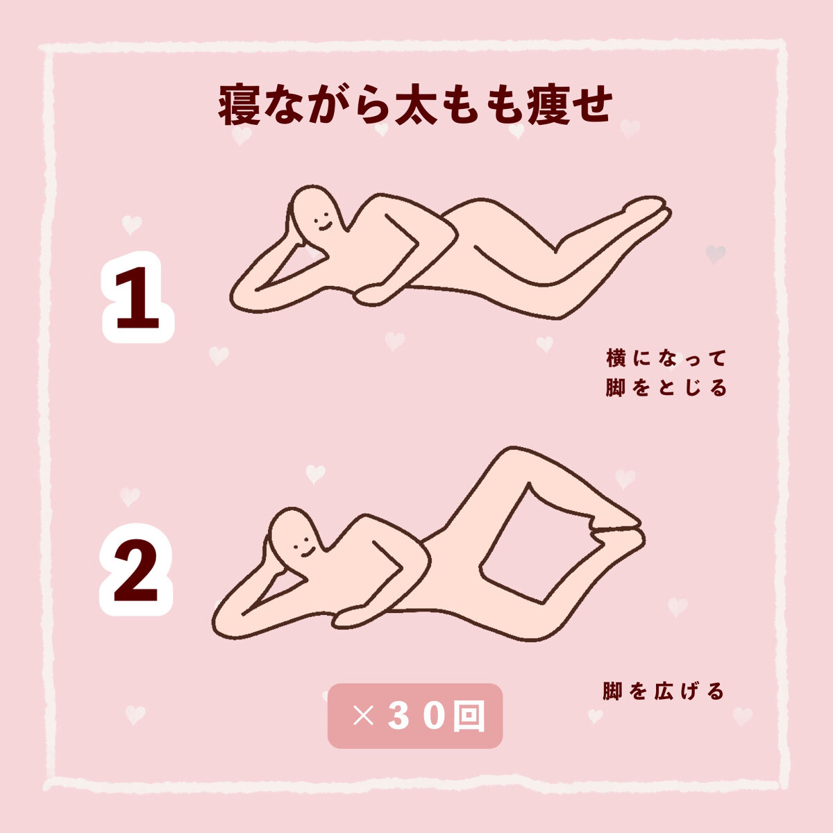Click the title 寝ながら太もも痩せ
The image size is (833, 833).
tap(415, 106)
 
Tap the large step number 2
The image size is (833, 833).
tap(136, 571)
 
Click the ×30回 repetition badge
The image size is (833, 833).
tap(415, 716)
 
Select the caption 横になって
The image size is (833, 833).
tap(666, 359)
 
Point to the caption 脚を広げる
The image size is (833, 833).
tap(664, 691)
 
